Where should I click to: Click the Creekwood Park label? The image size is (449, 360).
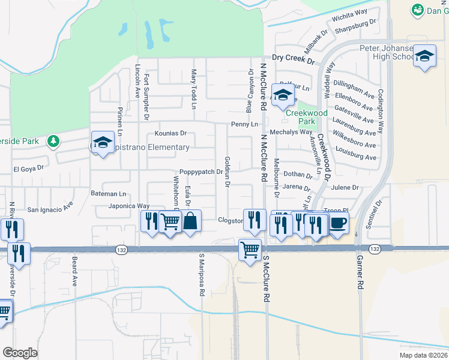[x=306, y=117]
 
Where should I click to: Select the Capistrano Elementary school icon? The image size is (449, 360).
[x=103, y=143]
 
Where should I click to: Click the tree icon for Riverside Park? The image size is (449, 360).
[x=54, y=141]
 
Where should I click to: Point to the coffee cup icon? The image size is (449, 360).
[x=338, y=223]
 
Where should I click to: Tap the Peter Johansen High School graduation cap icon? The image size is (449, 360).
[x=425, y=57]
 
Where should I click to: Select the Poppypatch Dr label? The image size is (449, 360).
[x=201, y=172]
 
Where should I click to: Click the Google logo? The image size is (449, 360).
[x=20, y=353]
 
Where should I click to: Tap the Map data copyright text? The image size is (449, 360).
[x=423, y=355]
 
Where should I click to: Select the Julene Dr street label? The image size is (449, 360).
[x=344, y=187]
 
